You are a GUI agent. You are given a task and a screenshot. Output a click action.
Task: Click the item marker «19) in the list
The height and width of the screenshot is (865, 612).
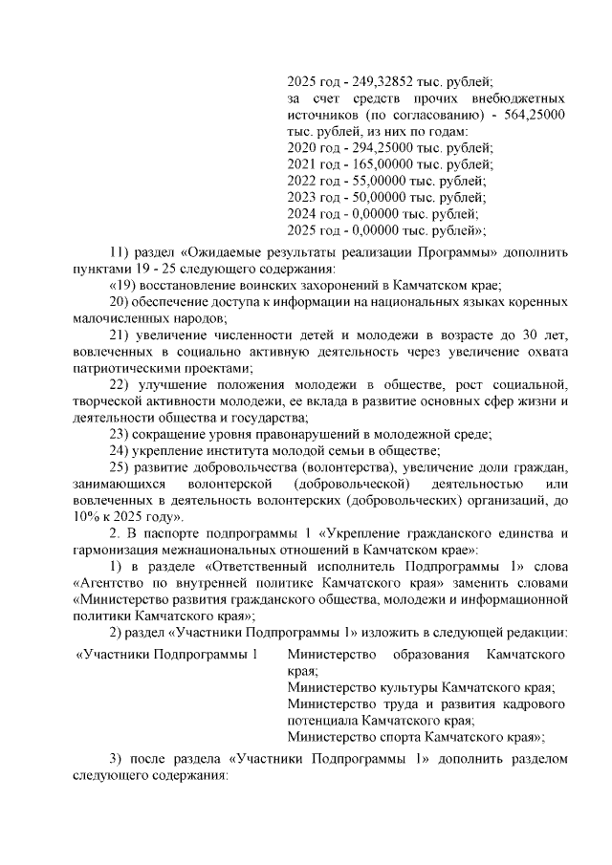coord(124,285)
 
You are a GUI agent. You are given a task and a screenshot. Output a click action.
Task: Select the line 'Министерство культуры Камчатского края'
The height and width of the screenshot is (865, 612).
coord(421,687)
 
